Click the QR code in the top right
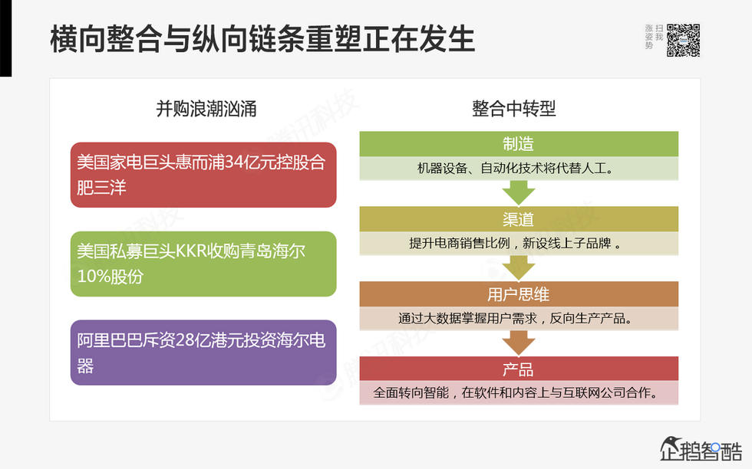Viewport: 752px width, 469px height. coord(683,40)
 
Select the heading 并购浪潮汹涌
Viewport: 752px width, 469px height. coord(206,109)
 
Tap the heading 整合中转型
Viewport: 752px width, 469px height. coord(514,109)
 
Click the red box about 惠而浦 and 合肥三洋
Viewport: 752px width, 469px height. coord(203,175)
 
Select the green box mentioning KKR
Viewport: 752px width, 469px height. coord(203,264)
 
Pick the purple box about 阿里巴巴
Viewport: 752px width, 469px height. coord(203,353)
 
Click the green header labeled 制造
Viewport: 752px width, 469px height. coord(519,144)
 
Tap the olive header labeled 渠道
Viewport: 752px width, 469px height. coord(519,219)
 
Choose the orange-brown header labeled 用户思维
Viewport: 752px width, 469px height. coord(519,294)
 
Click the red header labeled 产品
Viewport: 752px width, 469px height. coord(519,369)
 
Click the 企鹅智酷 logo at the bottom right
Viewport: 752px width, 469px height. coord(701,449)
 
